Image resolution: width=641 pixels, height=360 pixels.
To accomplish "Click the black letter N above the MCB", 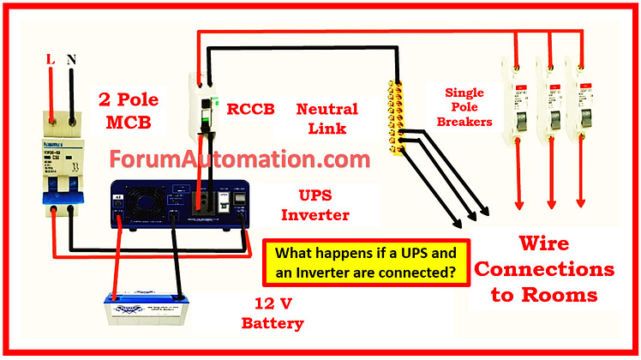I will (x=71, y=61).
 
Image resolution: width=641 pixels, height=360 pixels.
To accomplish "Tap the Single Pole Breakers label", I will (x=468, y=107).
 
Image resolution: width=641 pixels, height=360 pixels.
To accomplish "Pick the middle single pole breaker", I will (x=550, y=102).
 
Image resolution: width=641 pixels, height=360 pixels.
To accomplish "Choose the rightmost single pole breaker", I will (x=584, y=102).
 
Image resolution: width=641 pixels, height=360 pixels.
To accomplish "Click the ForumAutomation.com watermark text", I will (x=240, y=159).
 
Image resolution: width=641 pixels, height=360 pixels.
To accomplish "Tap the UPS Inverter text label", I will (x=316, y=204).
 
